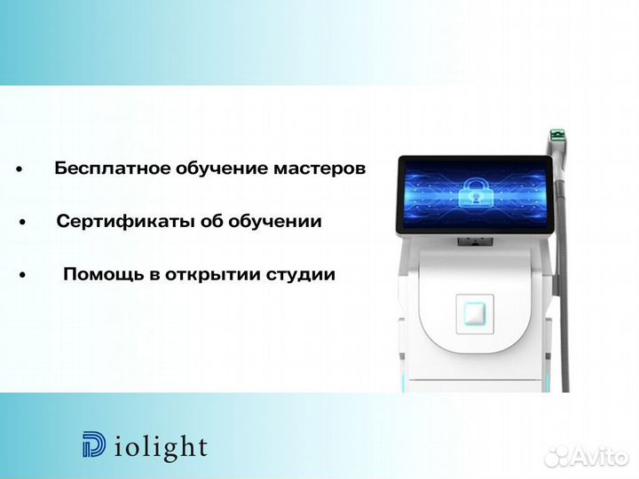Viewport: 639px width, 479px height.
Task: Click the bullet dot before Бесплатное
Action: tap(18, 169)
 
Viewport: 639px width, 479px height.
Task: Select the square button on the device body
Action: tap(472, 314)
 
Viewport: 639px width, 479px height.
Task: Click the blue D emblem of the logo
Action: tap(93, 445)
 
